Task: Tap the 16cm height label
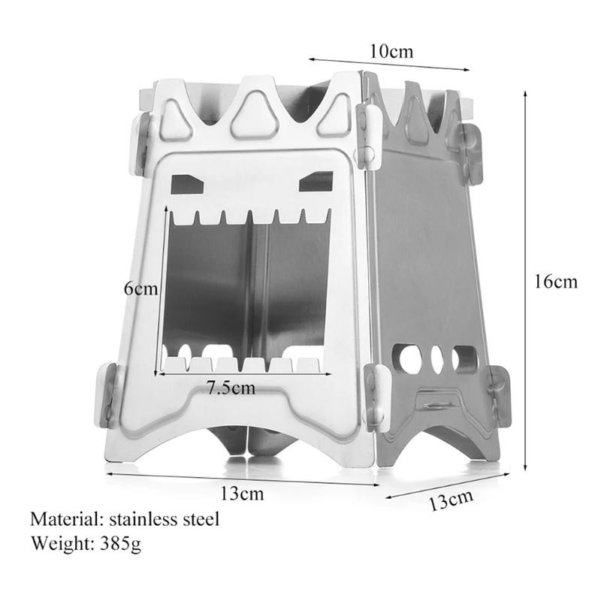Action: [x=555, y=282]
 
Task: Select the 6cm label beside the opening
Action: [x=142, y=288]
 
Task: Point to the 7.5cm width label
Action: [x=230, y=388]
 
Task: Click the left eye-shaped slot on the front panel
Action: [x=187, y=183]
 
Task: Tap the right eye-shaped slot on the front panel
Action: [x=315, y=181]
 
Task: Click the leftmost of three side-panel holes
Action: [x=410, y=360]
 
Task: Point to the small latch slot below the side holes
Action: [x=436, y=404]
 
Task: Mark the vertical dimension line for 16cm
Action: [x=524, y=282]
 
